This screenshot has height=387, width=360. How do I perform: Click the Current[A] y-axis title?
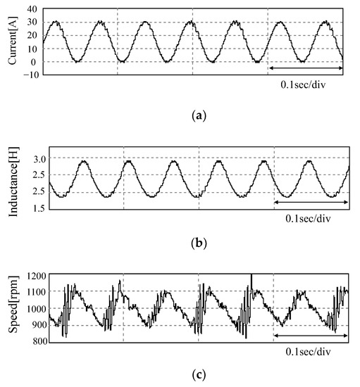(12, 41)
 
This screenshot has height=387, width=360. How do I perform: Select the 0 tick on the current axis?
(33, 62)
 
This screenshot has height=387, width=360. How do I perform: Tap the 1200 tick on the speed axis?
(25, 275)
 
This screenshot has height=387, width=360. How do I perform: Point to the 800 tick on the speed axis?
(27, 342)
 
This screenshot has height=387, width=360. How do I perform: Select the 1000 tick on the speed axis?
(25, 309)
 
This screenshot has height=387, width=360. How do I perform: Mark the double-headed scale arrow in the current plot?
(305, 68)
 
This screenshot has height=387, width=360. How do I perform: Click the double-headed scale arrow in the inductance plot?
(310, 203)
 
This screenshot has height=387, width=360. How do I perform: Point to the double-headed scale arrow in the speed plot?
(310, 336)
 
